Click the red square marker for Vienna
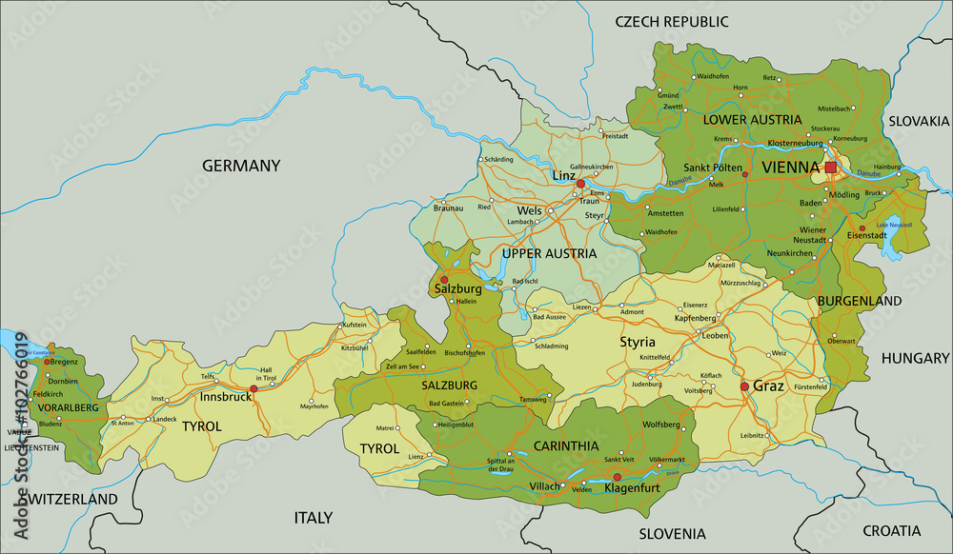tap(830, 168)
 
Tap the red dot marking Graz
tap(744, 386)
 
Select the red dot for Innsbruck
tap(253, 388)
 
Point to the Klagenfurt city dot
tap(617, 477)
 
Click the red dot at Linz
tap(579, 184)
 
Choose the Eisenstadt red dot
tap(862, 228)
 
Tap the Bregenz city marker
tap(42, 361)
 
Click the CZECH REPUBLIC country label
tap(671, 21)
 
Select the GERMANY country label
tap(241, 166)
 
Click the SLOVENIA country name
tap(673, 533)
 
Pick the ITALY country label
tap(313, 518)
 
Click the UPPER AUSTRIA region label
tap(550, 254)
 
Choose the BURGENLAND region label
tap(859, 301)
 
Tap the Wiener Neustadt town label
tap(812, 236)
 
